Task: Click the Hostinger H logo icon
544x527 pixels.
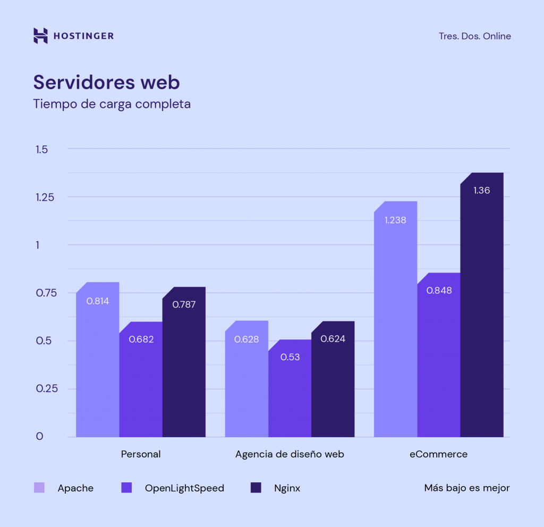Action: point(41,36)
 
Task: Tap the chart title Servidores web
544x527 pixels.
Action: point(106,82)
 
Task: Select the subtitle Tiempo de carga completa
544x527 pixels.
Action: point(112,104)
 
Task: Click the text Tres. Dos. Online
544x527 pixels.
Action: point(474,36)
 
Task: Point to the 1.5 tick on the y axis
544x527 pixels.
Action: point(42,149)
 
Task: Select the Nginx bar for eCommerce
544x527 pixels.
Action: point(481,319)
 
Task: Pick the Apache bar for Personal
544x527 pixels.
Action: point(97,372)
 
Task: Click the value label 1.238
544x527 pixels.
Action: point(395,220)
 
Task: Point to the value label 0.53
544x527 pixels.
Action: point(290,357)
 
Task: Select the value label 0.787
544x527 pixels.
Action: point(184,304)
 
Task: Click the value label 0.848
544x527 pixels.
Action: point(439,291)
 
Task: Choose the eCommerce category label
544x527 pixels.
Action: point(438,454)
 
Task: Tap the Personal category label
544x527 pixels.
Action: point(141,454)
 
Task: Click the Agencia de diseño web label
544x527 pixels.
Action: point(290,454)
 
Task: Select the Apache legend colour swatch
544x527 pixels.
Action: point(39,488)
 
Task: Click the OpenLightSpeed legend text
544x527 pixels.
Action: point(184,488)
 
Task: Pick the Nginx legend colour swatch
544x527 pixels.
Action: point(256,488)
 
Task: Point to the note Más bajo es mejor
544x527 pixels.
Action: point(467,488)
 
